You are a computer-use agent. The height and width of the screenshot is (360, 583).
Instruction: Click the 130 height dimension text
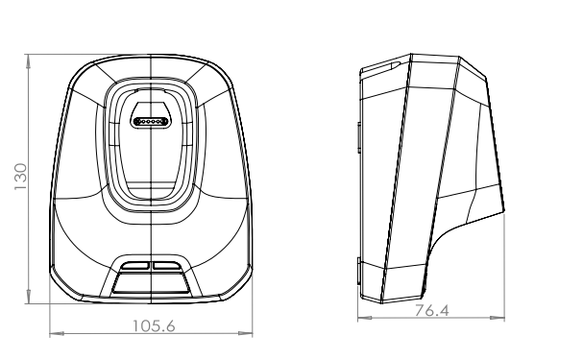tap(21, 177)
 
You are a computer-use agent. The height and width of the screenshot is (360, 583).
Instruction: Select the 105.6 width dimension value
tap(154, 326)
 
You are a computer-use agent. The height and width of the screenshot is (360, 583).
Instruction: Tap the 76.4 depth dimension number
tap(431, 311)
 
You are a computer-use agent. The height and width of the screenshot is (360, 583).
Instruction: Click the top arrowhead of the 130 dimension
tap(29, 61)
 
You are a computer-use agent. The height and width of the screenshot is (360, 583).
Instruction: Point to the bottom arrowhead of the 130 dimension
tap(29, 297)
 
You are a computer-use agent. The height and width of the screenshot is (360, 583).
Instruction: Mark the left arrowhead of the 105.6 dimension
tap(57, 333)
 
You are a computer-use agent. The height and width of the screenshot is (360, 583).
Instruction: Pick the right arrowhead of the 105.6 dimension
tap(245, 333)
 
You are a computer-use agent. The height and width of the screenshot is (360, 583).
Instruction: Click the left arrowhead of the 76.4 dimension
tap(365, 318)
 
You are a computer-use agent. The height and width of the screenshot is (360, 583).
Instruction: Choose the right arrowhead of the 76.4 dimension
tap(498, 318)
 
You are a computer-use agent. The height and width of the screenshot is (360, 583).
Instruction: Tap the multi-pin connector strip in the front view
tap(151, 122)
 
